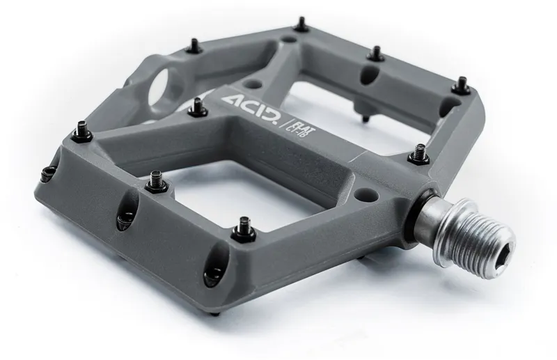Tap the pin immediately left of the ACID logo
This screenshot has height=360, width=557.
(x=197, y=107)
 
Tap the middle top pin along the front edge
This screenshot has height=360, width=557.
(x=154, y=181)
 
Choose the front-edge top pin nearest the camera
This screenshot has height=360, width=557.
(x=244, y=226)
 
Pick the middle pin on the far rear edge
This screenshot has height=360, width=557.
(x=376, y=53)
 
